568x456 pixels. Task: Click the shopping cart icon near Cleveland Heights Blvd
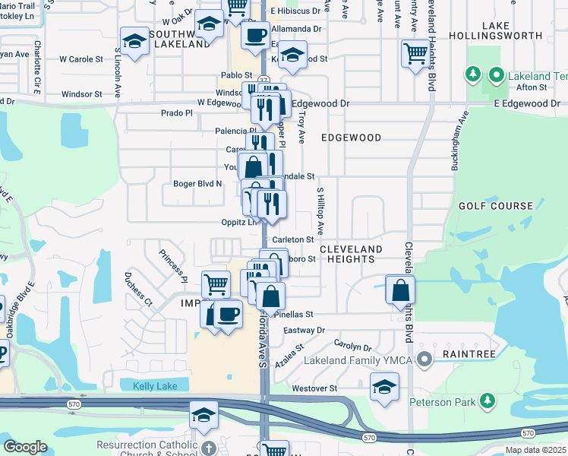pyautogui.click(x=416, y=54)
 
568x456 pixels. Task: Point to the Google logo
pyautogui.click(x=25, y=447)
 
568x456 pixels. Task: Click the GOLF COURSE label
pyautogui.click(x=496, y=206)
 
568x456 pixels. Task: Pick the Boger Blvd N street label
pyautogui.click(x=197, y=183)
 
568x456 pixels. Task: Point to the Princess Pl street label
pyautogui.click(x=173, y=264)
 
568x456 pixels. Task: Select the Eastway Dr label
pyautogui.click(x=304, y=331)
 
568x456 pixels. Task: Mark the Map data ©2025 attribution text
pyautogui.click(x=535, y=450)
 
